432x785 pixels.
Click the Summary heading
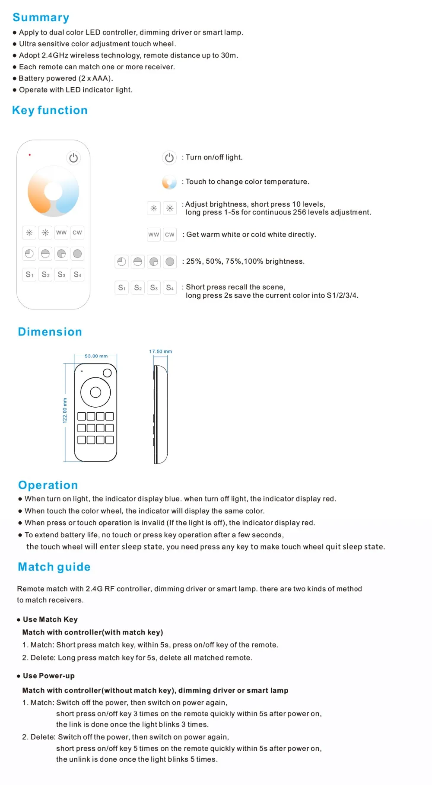pos(41,17)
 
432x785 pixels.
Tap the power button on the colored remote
pos(73,158)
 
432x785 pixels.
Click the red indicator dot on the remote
pos(30,155)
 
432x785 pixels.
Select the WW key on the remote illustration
pos(61,233)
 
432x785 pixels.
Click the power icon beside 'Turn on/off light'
pos(169,158)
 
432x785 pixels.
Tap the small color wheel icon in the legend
pos(169,182)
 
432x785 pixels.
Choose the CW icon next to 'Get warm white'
pos(170,235)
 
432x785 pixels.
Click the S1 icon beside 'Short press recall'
pos(122,287)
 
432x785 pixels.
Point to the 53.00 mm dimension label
pos(96,356)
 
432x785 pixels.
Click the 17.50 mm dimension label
pos(160,351)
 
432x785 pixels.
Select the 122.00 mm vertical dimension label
pos(65,410)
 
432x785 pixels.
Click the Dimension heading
pos(50,332)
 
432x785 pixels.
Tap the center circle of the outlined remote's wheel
pos(95,392)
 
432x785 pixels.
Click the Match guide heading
pos(54,567)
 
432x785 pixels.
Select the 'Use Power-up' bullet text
pos(48,676)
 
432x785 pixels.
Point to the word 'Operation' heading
pos(48,485)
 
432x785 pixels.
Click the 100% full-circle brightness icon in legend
pos(170,262)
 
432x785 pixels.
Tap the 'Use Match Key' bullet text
pos(50,619)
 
